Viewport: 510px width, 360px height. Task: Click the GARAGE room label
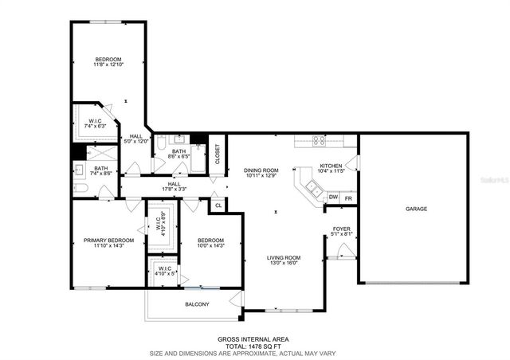point(416,209)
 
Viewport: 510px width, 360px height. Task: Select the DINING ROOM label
point(261,170)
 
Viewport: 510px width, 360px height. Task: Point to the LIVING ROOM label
point(283,257)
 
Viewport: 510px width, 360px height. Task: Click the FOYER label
point(342,229)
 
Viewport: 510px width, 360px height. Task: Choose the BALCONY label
point(197,304)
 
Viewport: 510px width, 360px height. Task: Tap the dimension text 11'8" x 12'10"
point(108,65)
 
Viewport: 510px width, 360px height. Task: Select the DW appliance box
point(333,197)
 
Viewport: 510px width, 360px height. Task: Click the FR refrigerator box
point(348,197)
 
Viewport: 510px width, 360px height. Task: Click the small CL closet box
point(218,205)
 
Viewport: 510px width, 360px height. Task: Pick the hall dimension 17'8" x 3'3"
point(175,190)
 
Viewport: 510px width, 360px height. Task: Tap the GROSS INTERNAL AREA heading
point(254,338)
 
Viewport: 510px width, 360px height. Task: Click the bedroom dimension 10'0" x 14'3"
point(210,246)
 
